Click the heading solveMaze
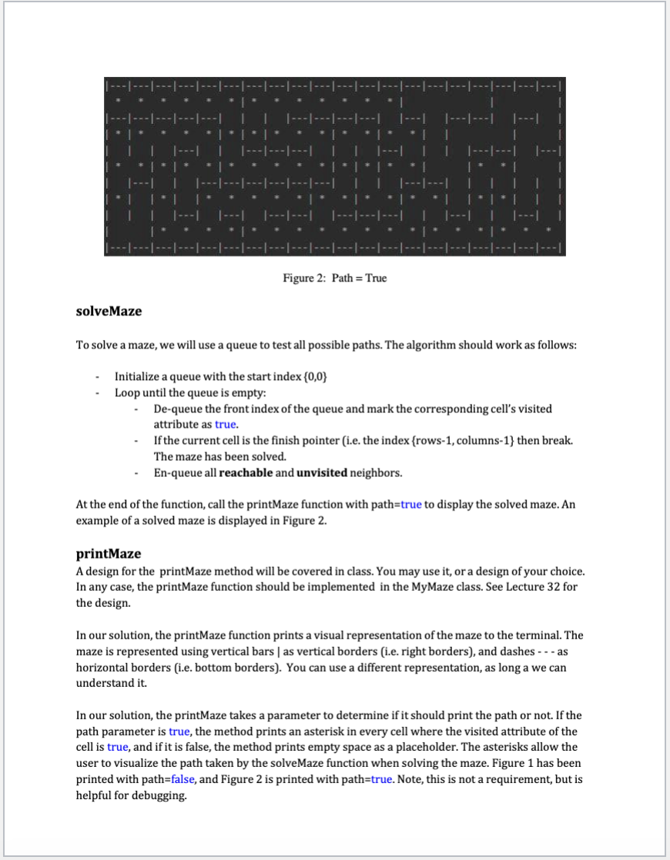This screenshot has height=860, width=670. click(109, 312)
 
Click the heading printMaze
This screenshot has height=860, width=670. click(108, 554)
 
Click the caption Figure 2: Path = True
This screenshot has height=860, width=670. click(334, 278)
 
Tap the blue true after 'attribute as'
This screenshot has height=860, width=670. click(226, 424)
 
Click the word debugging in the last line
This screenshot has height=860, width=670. click(163, 795)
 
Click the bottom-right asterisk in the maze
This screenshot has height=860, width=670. click(548, 230)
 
